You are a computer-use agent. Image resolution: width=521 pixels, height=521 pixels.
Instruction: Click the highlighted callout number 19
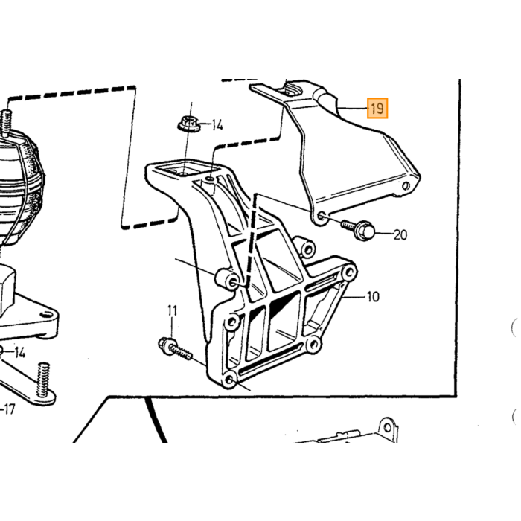point(377,109)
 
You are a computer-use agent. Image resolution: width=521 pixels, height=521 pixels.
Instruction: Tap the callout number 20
point(400,235)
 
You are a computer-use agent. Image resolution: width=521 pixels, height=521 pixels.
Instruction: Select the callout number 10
point(373,297)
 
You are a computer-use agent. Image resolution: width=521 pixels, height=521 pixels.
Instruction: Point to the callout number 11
point(172,310)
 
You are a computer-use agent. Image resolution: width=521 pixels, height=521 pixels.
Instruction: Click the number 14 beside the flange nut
point(217,125)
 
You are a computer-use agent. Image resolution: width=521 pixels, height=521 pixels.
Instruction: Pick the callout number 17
point(9,409)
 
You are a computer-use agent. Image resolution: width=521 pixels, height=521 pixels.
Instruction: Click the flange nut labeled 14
point(188,124)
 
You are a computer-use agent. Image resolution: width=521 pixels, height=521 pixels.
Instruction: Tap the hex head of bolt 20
point(365,231)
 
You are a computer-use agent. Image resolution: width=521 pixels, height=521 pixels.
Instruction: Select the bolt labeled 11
point(175,349)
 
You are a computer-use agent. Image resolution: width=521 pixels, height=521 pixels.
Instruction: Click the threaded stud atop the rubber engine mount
point(6,123)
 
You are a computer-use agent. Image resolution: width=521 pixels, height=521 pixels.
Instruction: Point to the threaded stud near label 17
point(43,380)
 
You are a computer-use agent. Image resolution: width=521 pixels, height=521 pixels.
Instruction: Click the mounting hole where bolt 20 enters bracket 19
point(322,217)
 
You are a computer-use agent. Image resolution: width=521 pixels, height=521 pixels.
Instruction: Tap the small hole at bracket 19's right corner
point(406,186)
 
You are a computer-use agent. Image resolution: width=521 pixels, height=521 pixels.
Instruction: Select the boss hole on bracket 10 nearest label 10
point(349,272)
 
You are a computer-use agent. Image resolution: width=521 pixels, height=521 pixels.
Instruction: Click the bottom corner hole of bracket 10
point(230,380)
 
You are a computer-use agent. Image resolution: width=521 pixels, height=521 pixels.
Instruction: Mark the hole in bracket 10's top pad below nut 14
point(184,173)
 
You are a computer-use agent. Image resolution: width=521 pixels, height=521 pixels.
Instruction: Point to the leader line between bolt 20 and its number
point(385,234)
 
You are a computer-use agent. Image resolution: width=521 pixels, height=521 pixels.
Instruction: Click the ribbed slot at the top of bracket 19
point(292,90)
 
